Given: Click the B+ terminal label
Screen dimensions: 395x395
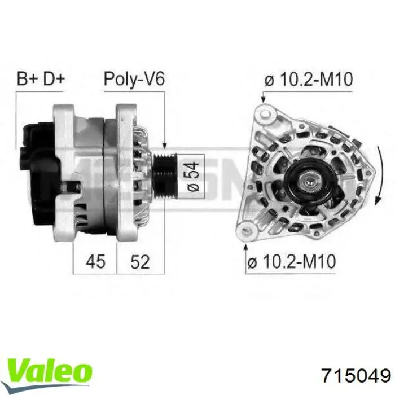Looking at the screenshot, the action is tap(27, 78).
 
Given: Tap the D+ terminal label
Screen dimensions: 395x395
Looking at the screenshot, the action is tap(54, 78).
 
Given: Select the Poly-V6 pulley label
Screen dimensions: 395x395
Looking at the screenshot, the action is tap(134, 79).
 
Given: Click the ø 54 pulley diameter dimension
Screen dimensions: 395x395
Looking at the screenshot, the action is tap(192, 177).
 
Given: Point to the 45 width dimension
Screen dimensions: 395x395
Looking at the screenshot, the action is tap(95, 261).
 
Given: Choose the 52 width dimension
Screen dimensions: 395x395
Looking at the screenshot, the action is tap(140, 261).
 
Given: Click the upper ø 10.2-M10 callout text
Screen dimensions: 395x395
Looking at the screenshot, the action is tap(308, 80).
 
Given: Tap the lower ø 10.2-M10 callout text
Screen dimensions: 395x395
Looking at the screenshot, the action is tap(292, 261).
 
